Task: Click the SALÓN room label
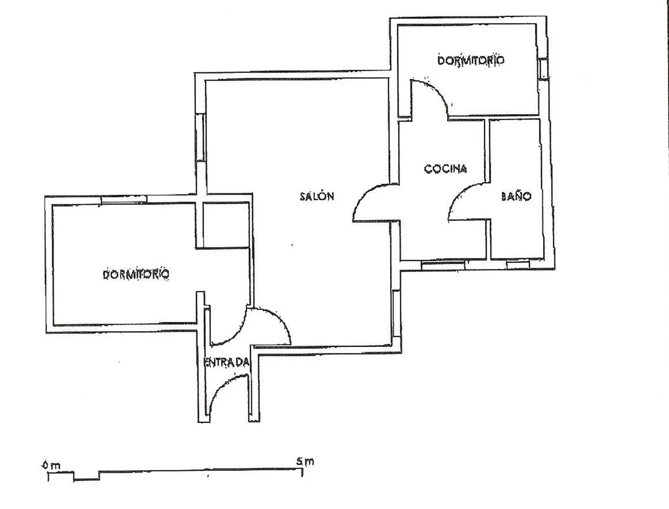point(317,196)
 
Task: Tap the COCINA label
point(445,169)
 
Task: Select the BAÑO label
point(516,196)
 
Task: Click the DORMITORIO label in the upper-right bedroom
point(471,60)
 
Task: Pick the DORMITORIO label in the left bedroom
point(136,274)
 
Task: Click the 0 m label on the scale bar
point(51,465)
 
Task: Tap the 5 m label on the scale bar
point(305,461)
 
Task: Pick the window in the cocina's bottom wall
point(443,265)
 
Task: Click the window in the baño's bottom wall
point(518,264)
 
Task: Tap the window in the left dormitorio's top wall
point(124,199)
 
